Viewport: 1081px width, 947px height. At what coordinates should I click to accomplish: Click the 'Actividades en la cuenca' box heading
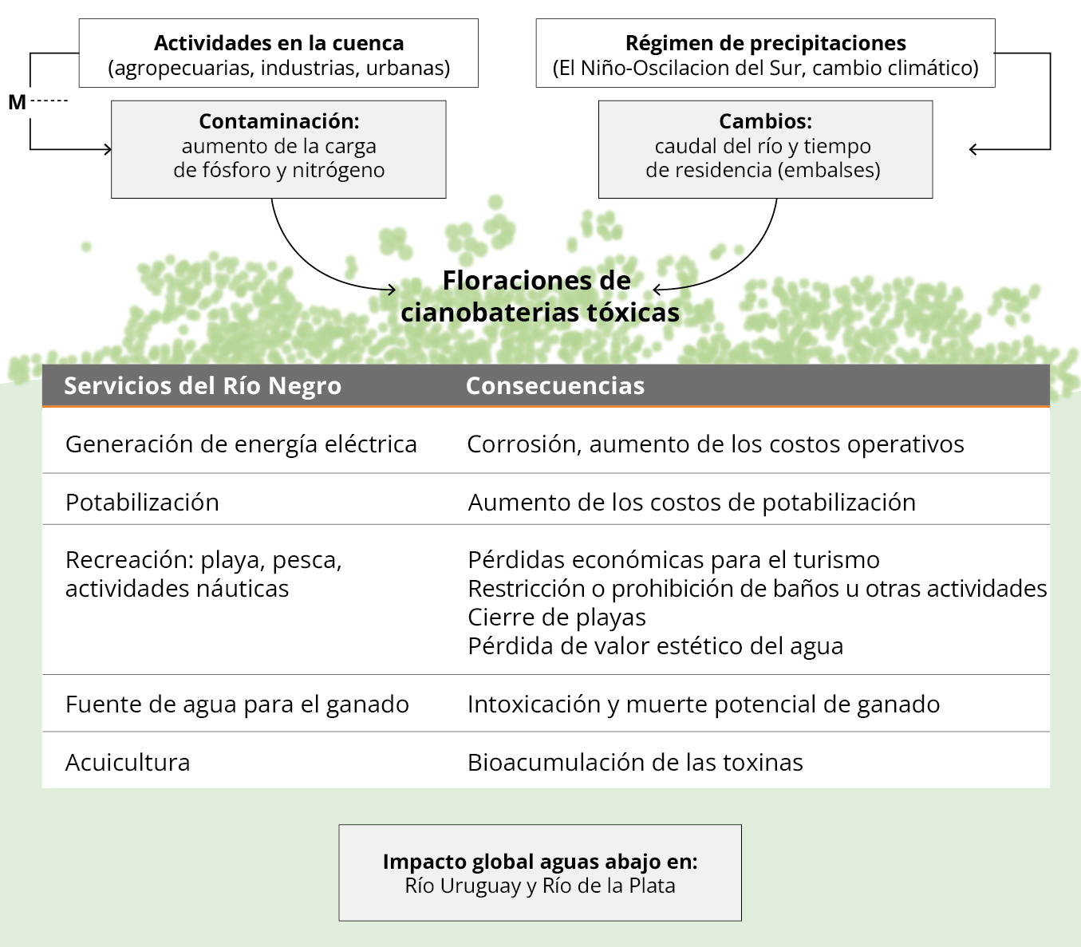(278, 43)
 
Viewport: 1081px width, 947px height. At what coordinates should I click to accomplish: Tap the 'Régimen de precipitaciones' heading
(765, 43)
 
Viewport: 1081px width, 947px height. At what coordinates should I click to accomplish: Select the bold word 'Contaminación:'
(278, 121)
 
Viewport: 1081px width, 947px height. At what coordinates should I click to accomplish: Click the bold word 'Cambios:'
(765, 121)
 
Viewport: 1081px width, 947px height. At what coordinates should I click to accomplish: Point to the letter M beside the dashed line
(17, 102)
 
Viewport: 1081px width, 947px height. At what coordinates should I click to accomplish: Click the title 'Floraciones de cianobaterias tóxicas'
(539, 296)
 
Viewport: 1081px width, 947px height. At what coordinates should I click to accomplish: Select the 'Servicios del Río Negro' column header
(203, 386)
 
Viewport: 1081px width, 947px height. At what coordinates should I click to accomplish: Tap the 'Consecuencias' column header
(555, 386)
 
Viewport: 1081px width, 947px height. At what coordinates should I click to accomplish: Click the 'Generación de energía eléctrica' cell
(241, 444)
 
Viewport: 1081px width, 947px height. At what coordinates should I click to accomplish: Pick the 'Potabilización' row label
(142, 503)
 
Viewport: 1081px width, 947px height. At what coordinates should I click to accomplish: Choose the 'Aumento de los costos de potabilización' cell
(692, 503)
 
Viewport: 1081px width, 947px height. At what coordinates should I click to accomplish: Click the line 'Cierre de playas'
(557, 618)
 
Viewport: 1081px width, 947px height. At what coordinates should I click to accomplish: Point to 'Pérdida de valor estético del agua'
(655, 646)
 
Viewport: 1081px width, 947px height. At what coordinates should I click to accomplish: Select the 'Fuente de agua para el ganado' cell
(237, 704)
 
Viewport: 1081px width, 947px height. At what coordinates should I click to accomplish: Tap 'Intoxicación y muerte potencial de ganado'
(704, 704)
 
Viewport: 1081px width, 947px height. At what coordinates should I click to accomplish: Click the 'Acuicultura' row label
(128, 763)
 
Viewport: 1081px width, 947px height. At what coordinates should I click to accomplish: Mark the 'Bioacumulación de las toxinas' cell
(635, 763)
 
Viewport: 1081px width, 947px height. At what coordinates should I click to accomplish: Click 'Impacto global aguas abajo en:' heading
(540, 862)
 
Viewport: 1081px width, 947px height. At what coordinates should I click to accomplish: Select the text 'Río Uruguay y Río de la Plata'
(540, 886)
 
